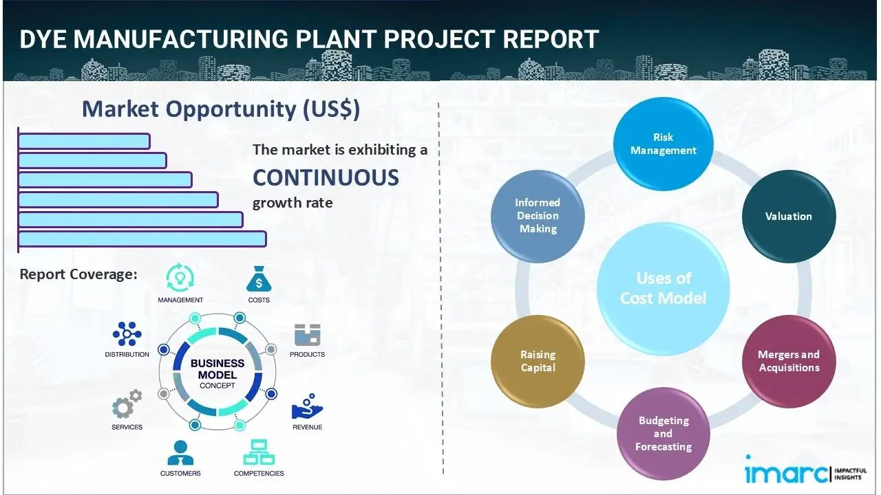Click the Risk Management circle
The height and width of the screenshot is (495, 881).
(663, 144)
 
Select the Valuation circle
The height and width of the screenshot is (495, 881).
(788, 217)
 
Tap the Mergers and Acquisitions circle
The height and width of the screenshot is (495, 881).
(788, 361)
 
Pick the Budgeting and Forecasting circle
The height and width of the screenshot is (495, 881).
(663, 433)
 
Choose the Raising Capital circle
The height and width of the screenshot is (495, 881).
(538, 361)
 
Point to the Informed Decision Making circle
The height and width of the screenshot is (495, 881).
(538, 216)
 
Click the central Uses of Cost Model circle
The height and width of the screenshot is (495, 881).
(663, 288)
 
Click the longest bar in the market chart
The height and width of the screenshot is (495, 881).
(142, 239)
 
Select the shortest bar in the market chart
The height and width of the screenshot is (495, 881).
(84, 141)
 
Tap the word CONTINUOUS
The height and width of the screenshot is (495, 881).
(326, 177)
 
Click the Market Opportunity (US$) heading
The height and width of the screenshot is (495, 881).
(220, 109)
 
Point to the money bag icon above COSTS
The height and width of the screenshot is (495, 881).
(259, 279)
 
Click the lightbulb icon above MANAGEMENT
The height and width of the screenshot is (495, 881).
(180, 278)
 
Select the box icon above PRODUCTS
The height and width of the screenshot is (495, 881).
(307, 335)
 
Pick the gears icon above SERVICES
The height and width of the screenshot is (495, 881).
(127, 406)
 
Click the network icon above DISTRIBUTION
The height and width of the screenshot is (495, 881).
(127, 334)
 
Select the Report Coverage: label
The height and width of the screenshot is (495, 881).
(78, 274)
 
